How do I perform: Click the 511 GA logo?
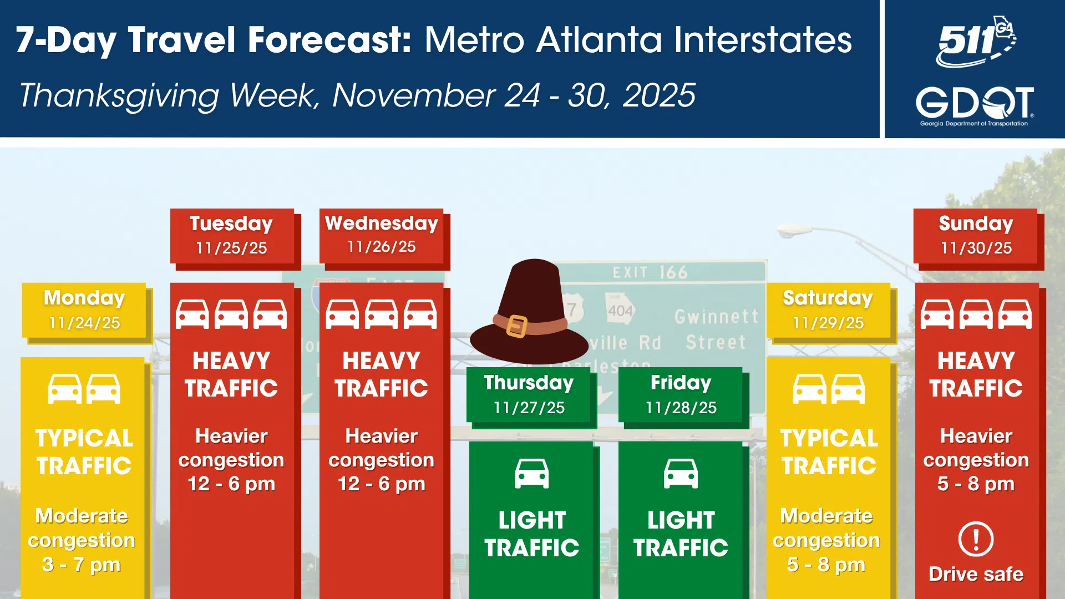[976, 42]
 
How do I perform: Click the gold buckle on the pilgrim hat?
[517, 326]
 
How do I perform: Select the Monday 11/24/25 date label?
[84, 310]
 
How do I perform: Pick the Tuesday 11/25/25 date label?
[232, 236]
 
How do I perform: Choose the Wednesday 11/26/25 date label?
[382, 235]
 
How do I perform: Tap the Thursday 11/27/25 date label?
[529, 394]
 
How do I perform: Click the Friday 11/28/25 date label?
[681, 394]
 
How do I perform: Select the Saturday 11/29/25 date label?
[828, 310]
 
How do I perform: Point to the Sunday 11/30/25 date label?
[976, 236]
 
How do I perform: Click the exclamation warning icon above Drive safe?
[976, 539]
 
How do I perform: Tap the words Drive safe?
[976, 574]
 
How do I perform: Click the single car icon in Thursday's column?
[532, 474]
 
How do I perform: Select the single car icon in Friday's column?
[681, 474]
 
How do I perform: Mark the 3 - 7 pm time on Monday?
[82, 565]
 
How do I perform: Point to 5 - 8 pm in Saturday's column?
[826, 565]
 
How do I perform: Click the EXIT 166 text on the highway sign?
[650, 272]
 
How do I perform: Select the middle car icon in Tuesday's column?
[231, 314]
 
